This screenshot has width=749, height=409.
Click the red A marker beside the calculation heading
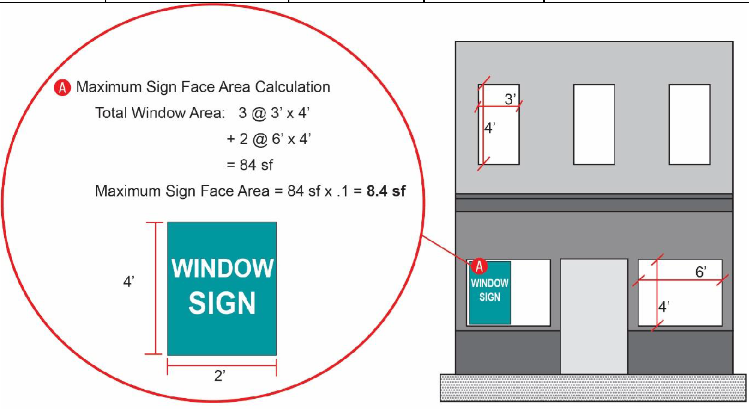coord(62,88)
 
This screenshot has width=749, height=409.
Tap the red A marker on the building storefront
coord(479,267)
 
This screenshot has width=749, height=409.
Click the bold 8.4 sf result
coord(386,191)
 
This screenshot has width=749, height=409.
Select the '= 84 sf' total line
coord(250,165)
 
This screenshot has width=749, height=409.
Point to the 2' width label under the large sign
coord(220,376)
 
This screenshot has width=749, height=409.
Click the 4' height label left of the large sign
coord(129,282)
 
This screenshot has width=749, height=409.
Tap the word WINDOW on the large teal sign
coord(223,268)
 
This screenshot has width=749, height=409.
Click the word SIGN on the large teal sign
coord(222,303)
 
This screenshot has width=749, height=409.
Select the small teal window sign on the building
coord(490,293)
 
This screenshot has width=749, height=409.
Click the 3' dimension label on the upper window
coord(511,99)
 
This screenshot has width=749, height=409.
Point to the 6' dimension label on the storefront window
coord(701,272)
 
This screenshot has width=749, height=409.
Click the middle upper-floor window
coord(594,124)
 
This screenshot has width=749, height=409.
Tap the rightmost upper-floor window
coord(690,124)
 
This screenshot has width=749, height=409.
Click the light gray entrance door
coord(594,317)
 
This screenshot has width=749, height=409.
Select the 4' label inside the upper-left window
coord(490,128)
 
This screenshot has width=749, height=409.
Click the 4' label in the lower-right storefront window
coord(664,306)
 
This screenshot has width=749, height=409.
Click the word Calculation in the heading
coord(293,87)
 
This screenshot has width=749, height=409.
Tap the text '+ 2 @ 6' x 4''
coord(269,139)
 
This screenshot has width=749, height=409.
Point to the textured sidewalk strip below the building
coord(593,387)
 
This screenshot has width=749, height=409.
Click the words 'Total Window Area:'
coord(160,113)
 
